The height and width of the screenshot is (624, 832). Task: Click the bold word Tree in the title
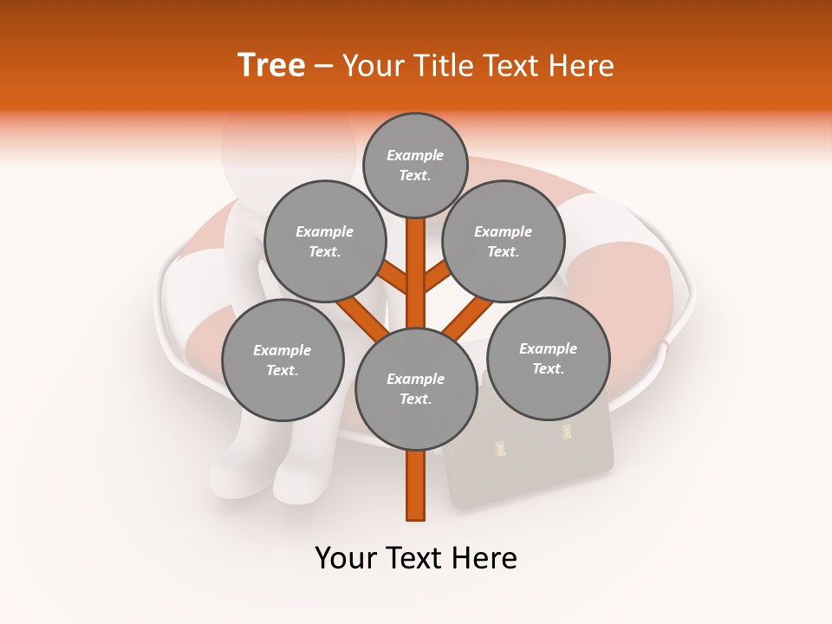point(271,65)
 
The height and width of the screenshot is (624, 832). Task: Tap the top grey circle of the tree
point(415,165)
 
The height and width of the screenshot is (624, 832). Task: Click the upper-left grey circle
point(324,241)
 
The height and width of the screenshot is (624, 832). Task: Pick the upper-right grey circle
point(504,241)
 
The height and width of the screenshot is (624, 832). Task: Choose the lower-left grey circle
point(283,360)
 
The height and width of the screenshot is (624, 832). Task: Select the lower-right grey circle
point(548,358)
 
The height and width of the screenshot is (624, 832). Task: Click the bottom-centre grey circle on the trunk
point(416,389)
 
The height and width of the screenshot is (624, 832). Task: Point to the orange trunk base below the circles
point(416,485)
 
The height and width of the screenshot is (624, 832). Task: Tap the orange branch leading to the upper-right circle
point(438,277)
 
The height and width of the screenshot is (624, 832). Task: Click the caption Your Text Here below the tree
point(415,558)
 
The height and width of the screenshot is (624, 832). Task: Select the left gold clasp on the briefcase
point(500,448)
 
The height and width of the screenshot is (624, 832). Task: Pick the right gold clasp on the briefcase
point(567,431)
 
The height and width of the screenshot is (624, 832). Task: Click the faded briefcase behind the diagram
point(537,468)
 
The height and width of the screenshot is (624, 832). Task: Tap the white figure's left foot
point(238,472)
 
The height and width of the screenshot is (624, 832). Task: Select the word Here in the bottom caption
point(485,558)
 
